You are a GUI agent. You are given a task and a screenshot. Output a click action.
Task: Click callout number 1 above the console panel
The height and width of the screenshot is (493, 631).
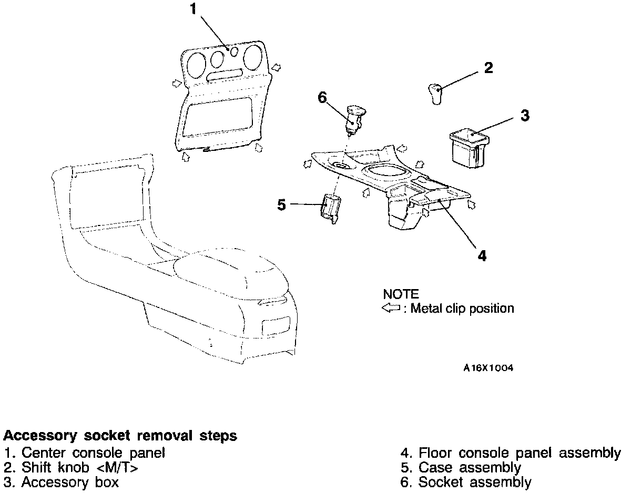pos(194,9)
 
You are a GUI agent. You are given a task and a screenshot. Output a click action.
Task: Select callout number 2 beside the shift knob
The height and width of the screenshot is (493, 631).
pos(488,68)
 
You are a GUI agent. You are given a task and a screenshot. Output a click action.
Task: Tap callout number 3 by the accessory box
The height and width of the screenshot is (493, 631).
pos(525,116)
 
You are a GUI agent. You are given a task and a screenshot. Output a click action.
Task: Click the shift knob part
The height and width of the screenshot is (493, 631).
pos(435,94)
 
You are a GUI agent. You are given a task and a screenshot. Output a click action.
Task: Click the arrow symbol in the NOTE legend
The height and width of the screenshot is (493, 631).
pos(391,309)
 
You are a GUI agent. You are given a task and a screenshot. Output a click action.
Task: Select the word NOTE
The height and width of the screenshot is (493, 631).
pos(401,294)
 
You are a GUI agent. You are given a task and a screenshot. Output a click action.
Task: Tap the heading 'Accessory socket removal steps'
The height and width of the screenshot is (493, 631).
pos(120,436)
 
